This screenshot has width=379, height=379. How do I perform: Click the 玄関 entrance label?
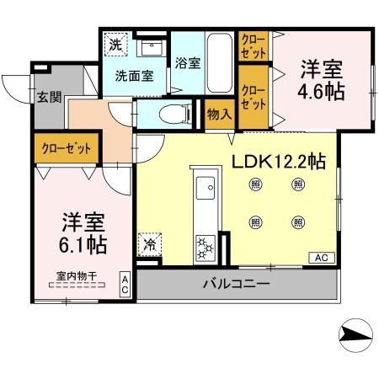(x=48, y=96)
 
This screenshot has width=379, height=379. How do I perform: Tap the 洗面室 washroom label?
(x=133, y=75)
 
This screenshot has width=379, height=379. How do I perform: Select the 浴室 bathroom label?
(x=186, y=61)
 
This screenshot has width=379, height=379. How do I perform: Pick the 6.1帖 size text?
(x=83, y=246)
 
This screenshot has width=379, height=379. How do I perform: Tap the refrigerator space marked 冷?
(x=148, y=246)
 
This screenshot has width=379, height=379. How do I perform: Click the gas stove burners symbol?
(x=206, y=246)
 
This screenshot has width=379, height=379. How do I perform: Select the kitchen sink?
(x=206, y=187)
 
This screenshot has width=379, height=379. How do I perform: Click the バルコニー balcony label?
(x=236, y=284)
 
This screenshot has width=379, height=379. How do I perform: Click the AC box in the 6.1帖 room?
(x=124, y=284)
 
